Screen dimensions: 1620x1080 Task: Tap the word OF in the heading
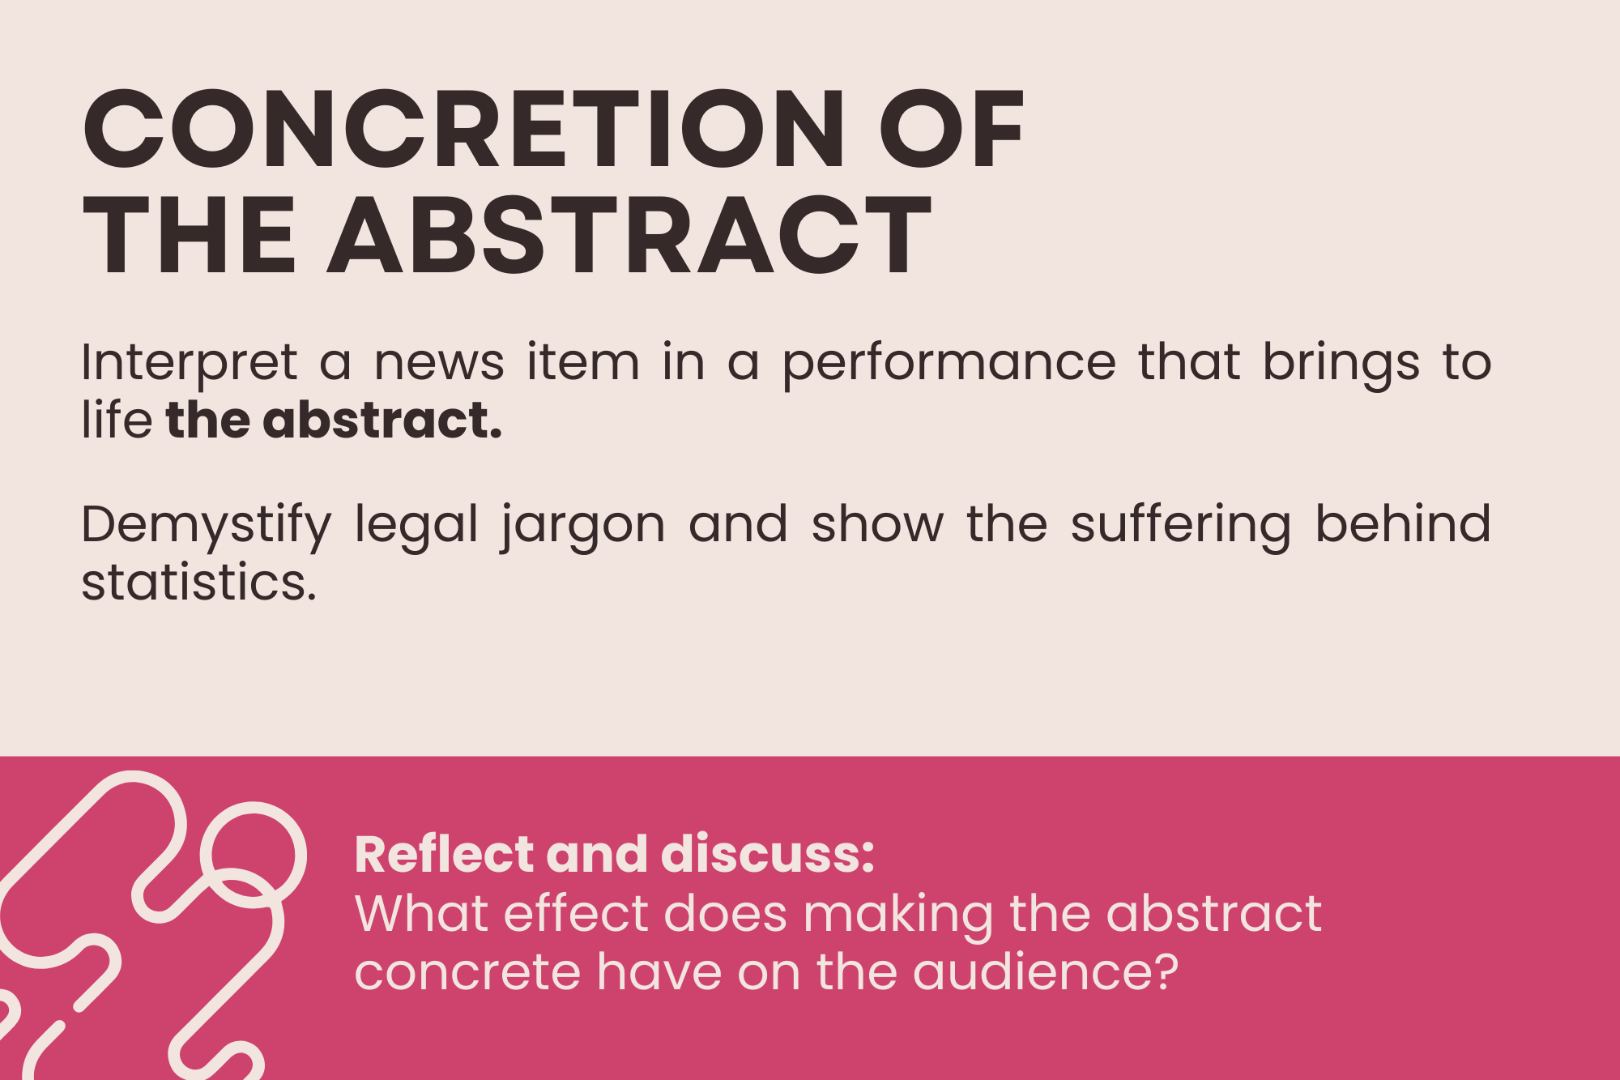[953, 129]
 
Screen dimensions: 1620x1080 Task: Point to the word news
[439, 362]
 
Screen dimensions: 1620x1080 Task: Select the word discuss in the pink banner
[768, 854]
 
